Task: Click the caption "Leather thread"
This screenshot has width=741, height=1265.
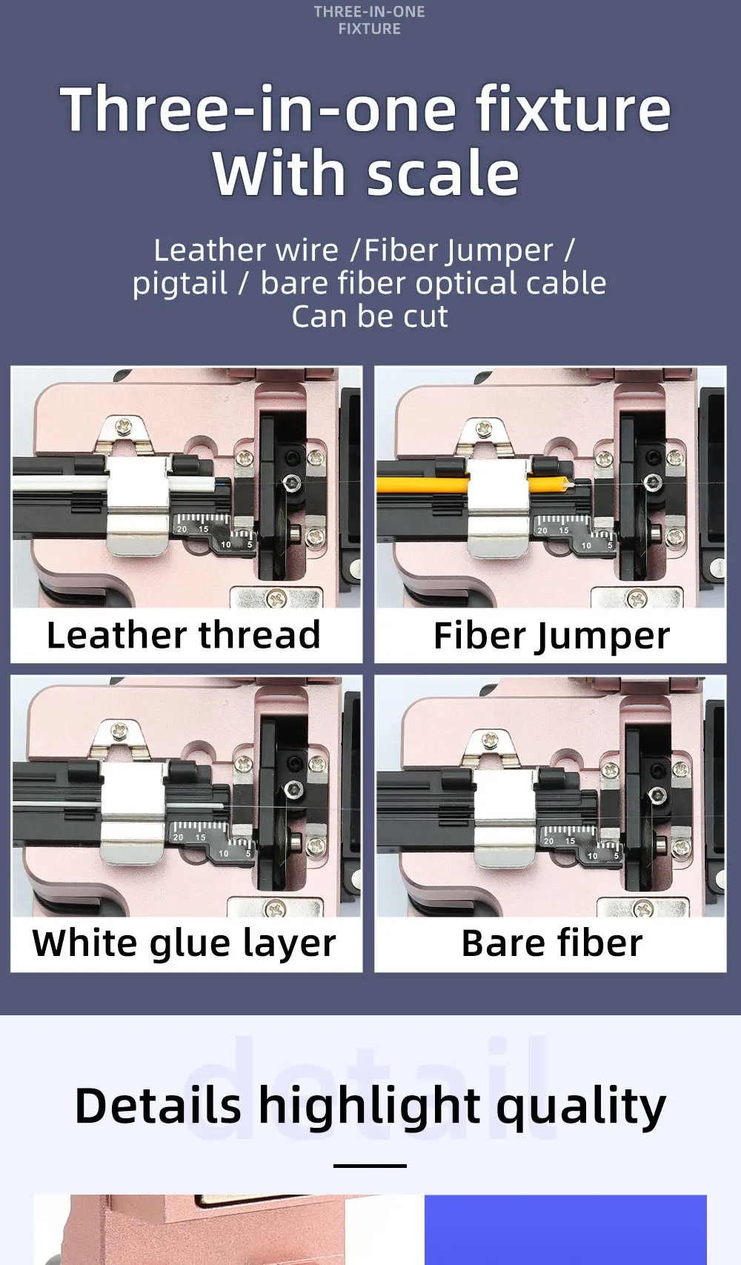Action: pyautogui.click(x=183, y=635)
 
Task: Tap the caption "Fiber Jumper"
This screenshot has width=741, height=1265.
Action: pyautogui.click(x=551, y=636)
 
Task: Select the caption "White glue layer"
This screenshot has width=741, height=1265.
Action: pyautogui.click(x=184, y=943)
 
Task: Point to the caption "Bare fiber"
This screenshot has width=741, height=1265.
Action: pyautogui.click(x=551, y=943)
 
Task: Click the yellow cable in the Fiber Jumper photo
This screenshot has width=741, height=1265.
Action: pyautogui.click(x=422, y=485)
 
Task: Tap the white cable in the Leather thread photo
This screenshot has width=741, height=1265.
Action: pyautogui.click(x=59, y=483)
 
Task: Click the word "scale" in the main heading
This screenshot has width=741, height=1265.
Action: pyautogui.click(x=442, y=173)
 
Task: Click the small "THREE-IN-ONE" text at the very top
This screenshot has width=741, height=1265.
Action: pyautogui.click(x=369, y=12)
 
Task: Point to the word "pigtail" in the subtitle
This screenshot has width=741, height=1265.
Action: pyautogui.click(x=180, y=283)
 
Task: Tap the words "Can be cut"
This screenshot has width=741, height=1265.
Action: pyautogui.click(x=369, y=316)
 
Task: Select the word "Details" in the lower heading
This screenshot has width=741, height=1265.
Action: pyautogui.click(x=158, y=1106)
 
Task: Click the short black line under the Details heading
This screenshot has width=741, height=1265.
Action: pyautogui.click(x=370, y=1166)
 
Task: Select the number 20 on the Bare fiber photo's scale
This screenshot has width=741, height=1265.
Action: pyautogui.click(x=548, y=841)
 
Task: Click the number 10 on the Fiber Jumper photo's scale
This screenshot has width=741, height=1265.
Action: pyautogui.click(x=586, y=545)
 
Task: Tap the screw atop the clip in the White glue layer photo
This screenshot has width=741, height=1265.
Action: pyautogui.click(x=120, y=731)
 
